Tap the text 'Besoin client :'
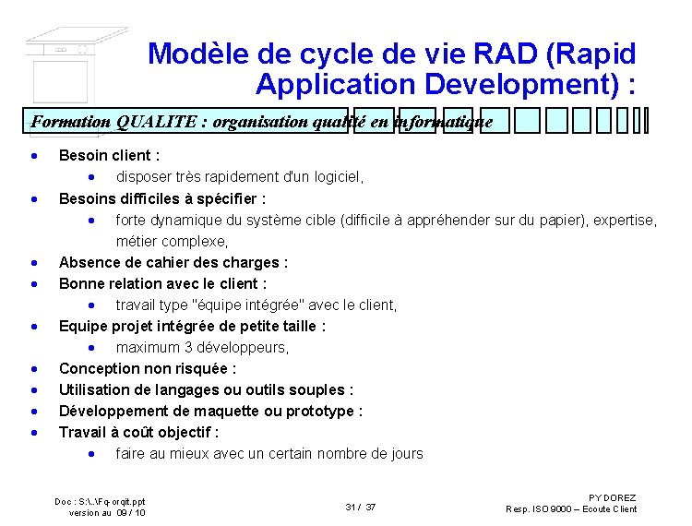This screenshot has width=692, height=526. pyautogui.click(x=109, y=156)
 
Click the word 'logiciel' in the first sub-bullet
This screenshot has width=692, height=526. pyautogui.click(x=337, y=177)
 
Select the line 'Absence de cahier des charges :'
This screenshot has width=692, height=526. pyautogui.click(x=173, y=263)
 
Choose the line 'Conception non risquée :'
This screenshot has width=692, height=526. pyautogui.click(x=148, y=369)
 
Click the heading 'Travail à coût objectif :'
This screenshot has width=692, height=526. pyautogui.click(x=138, y=433)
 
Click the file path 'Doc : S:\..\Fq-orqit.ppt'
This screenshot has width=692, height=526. pyautogui.click(x=100, y=501)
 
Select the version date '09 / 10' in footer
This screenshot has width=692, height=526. pyautogui.click(x=130, y=512)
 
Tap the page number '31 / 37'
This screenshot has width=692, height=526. pyautogui.click(x=360, y=508)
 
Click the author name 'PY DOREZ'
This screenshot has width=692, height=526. pyautogui.click(x=612, y=498)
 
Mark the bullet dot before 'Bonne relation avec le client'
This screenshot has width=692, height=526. pyautogui.click(x=34, y=284)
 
